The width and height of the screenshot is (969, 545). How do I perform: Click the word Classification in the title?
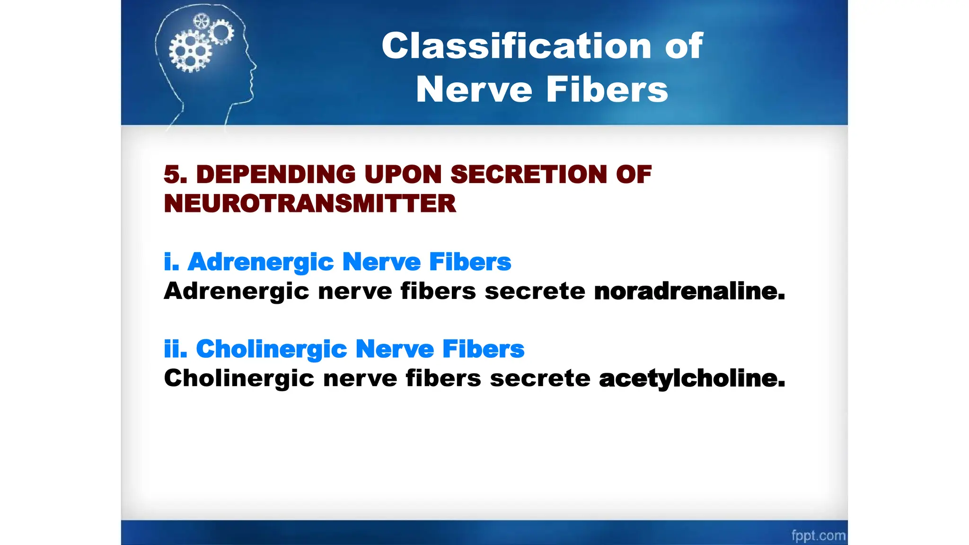517,46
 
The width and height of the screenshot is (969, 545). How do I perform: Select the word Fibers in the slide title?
607,89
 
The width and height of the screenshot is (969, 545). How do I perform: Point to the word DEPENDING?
275,175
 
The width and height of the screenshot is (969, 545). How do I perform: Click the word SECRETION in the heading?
528,175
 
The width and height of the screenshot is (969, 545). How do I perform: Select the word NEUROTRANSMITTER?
310,204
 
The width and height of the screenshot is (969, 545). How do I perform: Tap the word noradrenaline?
689,291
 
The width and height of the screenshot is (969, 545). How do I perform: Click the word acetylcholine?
692,378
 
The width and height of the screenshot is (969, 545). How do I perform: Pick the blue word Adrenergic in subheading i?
261,262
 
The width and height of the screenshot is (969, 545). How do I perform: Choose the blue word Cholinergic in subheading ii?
272,350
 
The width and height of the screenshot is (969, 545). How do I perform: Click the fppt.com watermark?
818,536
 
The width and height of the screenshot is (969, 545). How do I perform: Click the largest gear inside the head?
190,51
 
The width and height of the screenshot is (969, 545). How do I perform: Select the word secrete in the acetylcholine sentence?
539,378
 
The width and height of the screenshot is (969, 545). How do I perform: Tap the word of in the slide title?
684,46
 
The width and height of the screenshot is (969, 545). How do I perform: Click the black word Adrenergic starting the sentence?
236,291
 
